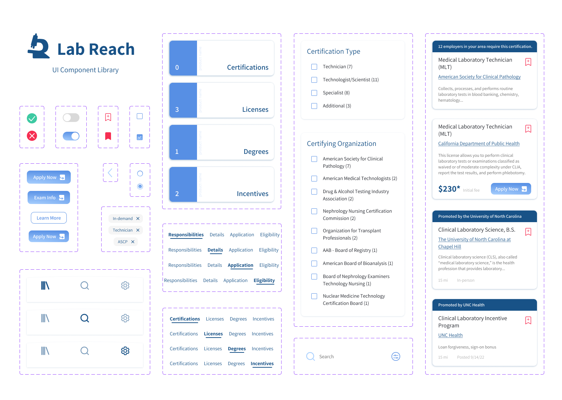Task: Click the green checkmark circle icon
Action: [x=32, y=118]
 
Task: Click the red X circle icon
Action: [x=32, y=136]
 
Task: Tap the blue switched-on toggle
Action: [x=71, y=136]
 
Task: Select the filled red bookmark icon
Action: [x=108, y=136]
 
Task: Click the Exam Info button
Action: [x=49, y=197]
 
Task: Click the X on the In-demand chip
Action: [x=138, y=219]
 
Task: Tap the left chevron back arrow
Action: [x=110, y=173]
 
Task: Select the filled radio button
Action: [x=140, y=187]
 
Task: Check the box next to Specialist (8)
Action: [x=314, y=93]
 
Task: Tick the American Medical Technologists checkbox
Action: [x=314, y=179]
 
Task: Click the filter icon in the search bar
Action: [x=396, y=356]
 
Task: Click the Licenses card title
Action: [x=255, y=110]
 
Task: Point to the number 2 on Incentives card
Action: [x=177, y=194]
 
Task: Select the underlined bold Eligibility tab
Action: [x=264, y=281]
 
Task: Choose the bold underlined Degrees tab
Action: [x=237, y=349]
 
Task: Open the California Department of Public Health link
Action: [x=479, y=144]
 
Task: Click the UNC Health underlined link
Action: [x=450, y=335]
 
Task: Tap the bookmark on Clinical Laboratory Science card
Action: [x=528, y=232]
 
